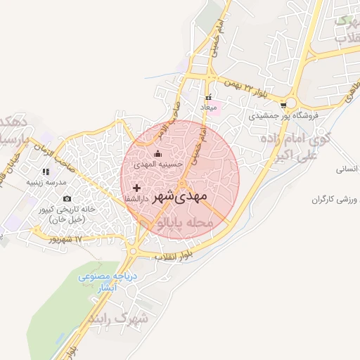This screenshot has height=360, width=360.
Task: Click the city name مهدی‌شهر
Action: pos(180,195)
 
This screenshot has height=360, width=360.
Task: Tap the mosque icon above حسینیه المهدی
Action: pos(157,154)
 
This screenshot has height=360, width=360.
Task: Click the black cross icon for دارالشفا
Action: pos(136,188)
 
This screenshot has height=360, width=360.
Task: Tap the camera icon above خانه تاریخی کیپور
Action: pos(67,199)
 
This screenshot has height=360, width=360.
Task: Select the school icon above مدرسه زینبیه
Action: pos(46,172)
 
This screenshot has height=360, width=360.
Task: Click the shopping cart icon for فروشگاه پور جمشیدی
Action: pos(283,105)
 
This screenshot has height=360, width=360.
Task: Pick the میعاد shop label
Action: pos(209,108)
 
